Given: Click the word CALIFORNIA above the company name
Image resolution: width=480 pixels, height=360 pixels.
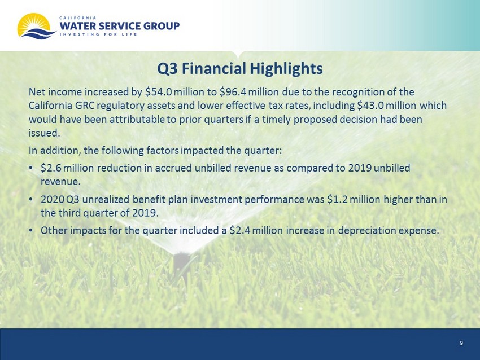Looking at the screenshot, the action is click(78, 17).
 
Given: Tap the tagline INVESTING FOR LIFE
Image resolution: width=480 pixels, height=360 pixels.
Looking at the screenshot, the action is click(98, 34).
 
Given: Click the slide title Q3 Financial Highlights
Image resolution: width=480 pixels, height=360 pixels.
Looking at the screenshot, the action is click(240, 68).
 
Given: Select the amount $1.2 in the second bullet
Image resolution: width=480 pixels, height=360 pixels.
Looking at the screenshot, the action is click(338, 199).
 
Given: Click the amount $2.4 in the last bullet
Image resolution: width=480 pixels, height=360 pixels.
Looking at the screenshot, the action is click(241, 230).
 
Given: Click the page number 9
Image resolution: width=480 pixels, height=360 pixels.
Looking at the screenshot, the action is click(461, 343).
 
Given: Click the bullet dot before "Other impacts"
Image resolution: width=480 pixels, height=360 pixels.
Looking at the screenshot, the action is click(30, 231).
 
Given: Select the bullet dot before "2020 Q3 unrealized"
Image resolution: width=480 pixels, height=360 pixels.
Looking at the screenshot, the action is click(30, 200).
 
